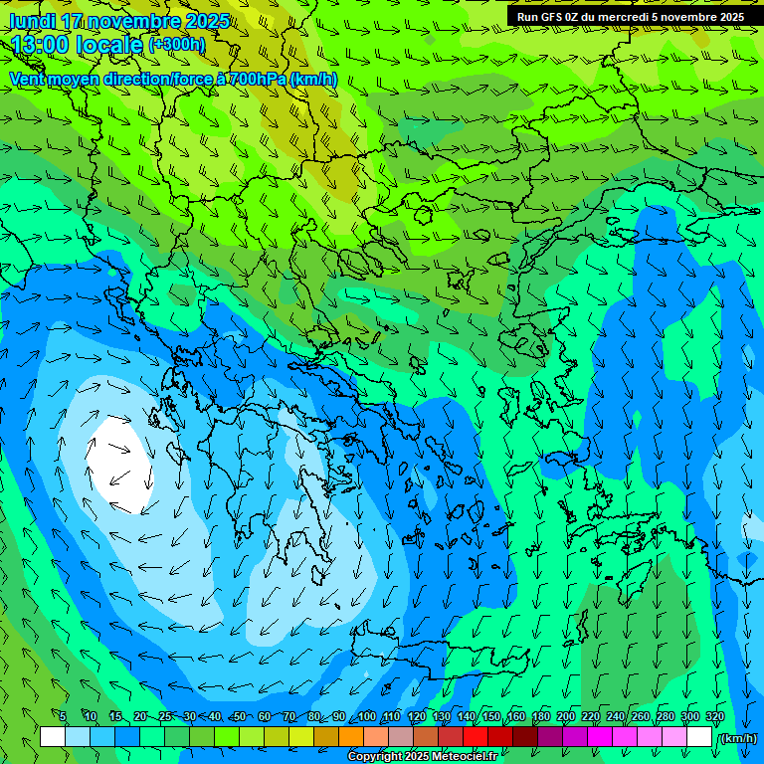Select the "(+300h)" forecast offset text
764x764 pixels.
click(176, 44)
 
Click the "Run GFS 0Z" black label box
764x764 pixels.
click(630, 16)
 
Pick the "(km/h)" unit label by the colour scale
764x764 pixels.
click(737, 737)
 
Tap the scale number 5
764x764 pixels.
click(63, 716)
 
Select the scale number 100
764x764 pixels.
click(367, 716)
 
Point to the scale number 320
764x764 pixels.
click(714, 716)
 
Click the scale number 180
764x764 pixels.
click(541, 716)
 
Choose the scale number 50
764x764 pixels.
click(239, 716)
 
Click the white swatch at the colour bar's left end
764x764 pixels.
click(53, 737)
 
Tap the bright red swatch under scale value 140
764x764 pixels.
click(476, 737)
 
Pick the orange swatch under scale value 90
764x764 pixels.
click(351, 737)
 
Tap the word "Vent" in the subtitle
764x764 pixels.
click(29, 79)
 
